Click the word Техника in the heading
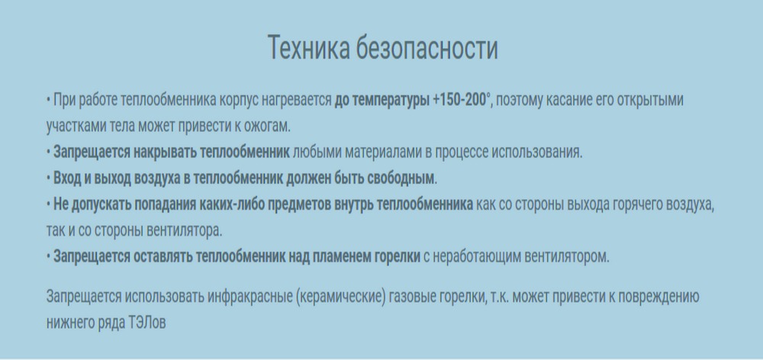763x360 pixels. tap(308, 48)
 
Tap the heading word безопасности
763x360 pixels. tap(427, 48)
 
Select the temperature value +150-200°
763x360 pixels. tap(462, 100)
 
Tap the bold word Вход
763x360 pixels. tap(66, 178)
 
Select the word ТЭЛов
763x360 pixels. tap(147, 323)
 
